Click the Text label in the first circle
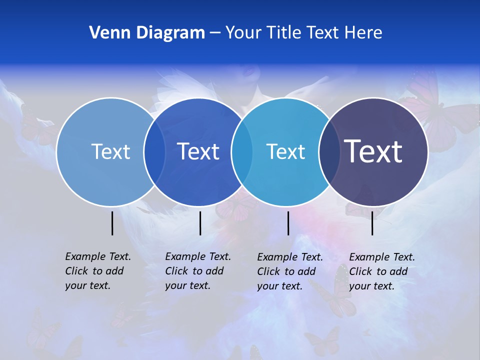point(110,151)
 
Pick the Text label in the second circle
point(198,151)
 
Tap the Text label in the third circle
point(285,151)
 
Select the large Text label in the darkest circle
point(373,151)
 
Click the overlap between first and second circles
point(154,151)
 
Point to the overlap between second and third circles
point(242,151)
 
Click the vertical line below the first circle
point(112,223)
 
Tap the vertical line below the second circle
point(200,223)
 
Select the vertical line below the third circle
point(288,223)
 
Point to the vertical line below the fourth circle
point(372,223)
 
